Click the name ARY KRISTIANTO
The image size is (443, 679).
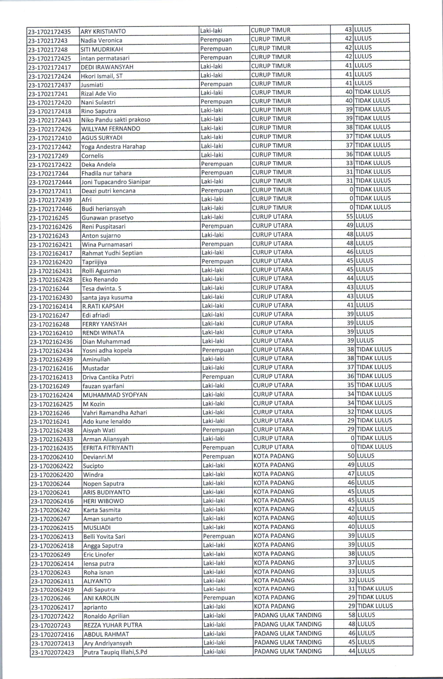(103, 31)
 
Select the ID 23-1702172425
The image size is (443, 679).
(50, 58)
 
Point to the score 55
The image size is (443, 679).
(350, 216)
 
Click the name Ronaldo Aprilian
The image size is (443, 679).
(106, 616)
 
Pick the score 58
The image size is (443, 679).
(352, 615)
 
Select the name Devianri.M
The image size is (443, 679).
(98, 457)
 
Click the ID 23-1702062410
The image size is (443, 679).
(52, 457)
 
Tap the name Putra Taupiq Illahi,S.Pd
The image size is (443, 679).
(115, 652)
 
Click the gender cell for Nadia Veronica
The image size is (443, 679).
(216, 39)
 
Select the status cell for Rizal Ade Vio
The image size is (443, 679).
(372, 92)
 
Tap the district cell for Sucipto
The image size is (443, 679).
(274, 465)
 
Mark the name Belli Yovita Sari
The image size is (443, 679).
(104, 537)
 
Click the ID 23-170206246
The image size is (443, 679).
(51, 598)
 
